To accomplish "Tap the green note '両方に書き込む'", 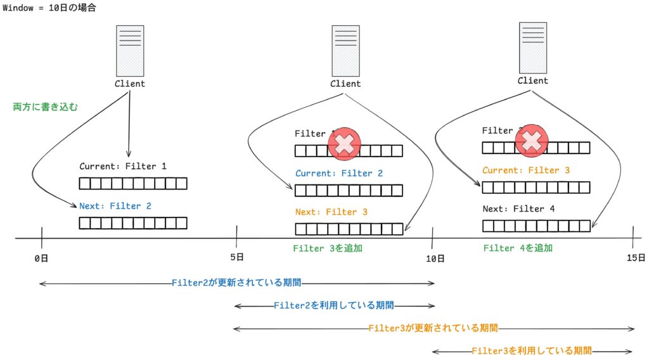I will (46, 107).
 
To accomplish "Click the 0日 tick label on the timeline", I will (42, 258).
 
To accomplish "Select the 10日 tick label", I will (435, 258).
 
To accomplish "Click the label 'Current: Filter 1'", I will (123, 167).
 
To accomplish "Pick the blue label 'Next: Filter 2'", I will (115, 206).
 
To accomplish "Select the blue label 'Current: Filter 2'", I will (339, 173).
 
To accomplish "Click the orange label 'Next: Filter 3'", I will (331, 212).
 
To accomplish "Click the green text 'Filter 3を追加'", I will (328, 248).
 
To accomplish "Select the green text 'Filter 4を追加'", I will (518, 248).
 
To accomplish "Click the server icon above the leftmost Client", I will (130, 51).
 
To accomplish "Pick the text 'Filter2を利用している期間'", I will (334, 305).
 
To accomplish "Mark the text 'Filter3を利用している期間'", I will (532, 350).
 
